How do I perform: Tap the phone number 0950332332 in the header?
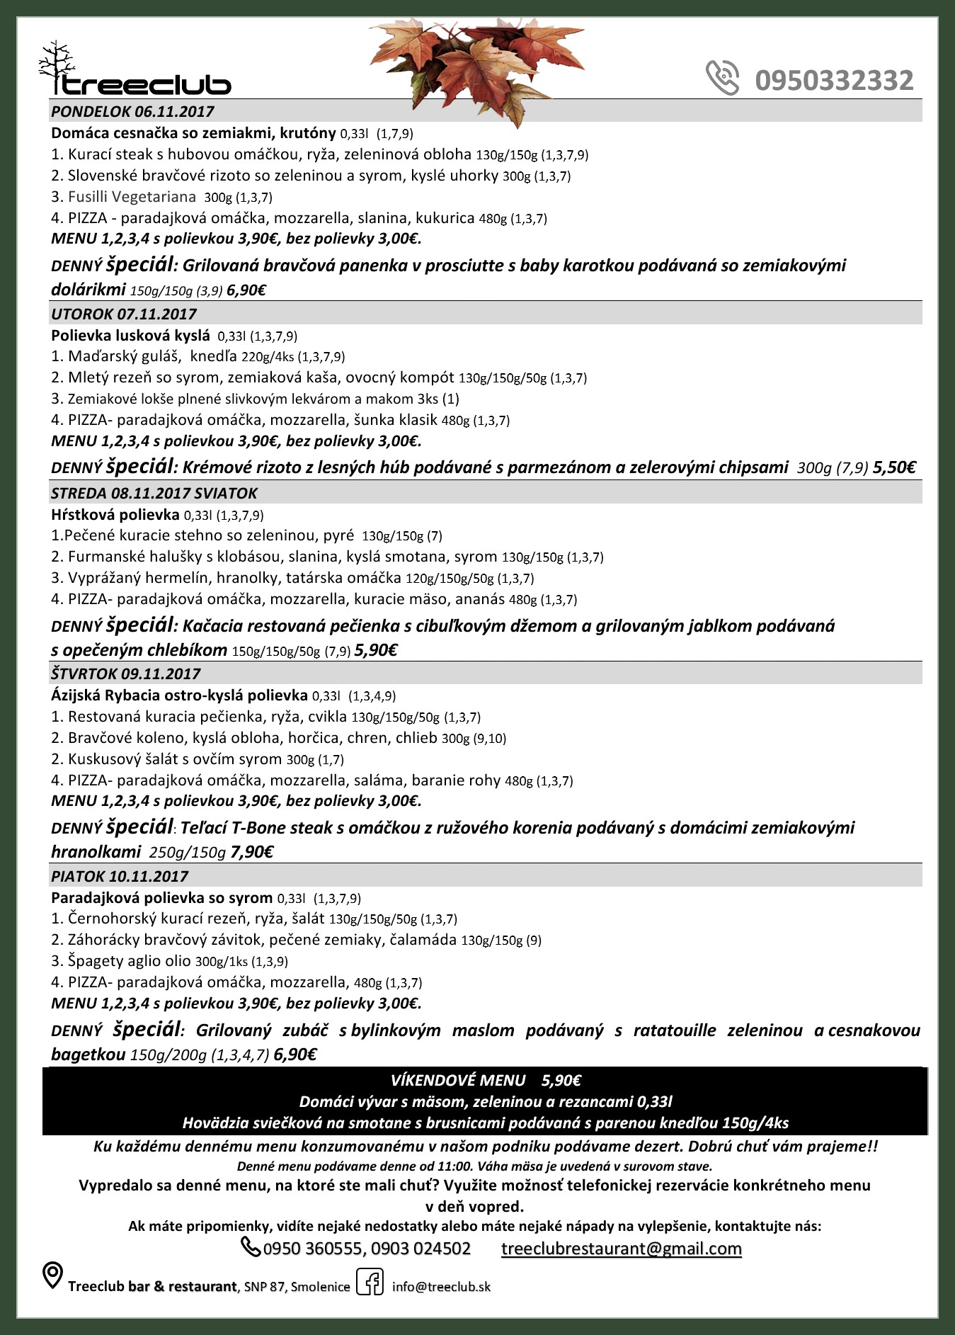(x=834, y=81)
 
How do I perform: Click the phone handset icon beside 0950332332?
(x=722, y=77)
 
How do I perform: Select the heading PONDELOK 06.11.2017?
(x=132, y=111)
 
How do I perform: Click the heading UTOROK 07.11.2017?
(x=124, y=314)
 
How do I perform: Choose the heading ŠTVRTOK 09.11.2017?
(x=126, y=674)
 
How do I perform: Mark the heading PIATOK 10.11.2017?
(x=120, y=876)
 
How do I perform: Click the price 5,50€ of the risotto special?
(x=894, y=467)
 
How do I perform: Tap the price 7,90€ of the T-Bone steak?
(x=251, y=852)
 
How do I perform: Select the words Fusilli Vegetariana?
(x=132, y=197)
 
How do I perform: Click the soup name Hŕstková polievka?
(x=115, y=514)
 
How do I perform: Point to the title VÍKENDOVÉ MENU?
(x=458, y=1080)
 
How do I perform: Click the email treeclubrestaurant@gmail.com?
(x=621, y=1249)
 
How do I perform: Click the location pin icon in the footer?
(x=52, y=1276)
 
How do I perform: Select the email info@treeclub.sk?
(x=441, y=1287)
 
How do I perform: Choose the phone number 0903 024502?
(x=421, y=1249)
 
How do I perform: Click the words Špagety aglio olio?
(x=130, y=961)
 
